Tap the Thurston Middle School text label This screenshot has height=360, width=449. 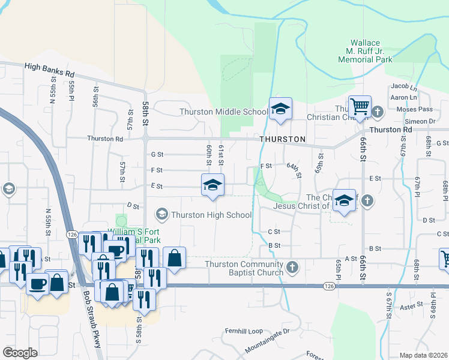224,112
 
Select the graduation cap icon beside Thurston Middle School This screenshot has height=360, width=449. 280,110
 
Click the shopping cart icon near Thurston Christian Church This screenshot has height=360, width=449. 360,107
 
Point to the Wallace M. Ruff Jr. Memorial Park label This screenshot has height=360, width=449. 365,52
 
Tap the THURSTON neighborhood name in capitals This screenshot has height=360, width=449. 283,139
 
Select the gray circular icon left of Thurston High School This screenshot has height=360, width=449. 161,214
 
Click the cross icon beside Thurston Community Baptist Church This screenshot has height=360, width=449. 292,268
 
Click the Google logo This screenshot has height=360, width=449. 20,353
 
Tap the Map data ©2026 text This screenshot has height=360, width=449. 424,355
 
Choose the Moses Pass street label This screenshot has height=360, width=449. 414,109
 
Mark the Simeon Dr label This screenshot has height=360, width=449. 424,121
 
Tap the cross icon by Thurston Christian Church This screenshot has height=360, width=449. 378,112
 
